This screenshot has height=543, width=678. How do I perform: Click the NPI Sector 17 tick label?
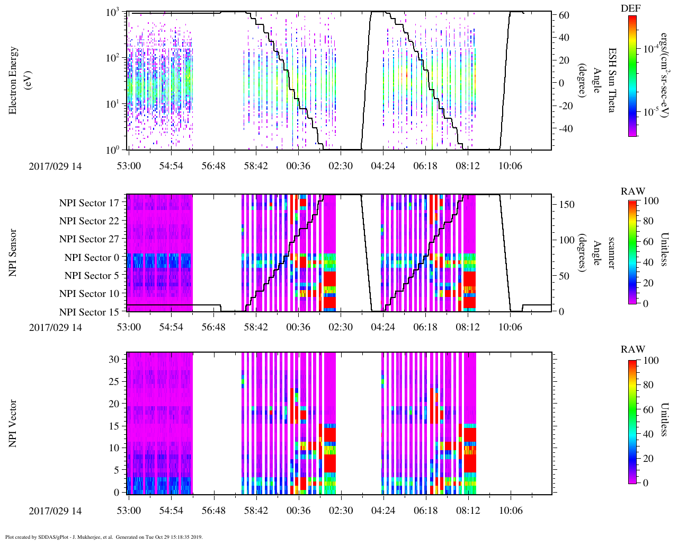pos(89,203)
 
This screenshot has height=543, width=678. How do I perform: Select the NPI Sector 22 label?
pos(89,221)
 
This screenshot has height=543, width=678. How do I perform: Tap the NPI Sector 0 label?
pos(92,257)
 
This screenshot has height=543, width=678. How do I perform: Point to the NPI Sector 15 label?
pos(89,312)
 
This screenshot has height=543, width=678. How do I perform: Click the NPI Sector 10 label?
pos(89,293)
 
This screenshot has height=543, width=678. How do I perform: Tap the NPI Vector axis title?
pos(13,424)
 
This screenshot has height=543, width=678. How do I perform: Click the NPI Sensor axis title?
pos(13,252)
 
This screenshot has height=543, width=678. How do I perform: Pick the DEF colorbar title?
pos(630,8)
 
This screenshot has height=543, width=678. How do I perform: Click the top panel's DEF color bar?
pos(632,76)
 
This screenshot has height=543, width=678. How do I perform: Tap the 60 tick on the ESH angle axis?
pos(564,15)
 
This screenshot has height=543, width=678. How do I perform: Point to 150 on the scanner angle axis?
pos(567,204)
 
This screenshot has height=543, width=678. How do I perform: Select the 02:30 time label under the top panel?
pos(341,166)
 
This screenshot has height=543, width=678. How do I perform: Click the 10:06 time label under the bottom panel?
pos(510,511)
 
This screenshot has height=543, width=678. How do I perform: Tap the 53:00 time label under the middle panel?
pos(129,327)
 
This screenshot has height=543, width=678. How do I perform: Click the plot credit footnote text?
pos(103,537)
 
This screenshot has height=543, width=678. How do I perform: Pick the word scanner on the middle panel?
pos(611,252)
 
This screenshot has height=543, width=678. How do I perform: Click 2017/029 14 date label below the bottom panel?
pos(55,511)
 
